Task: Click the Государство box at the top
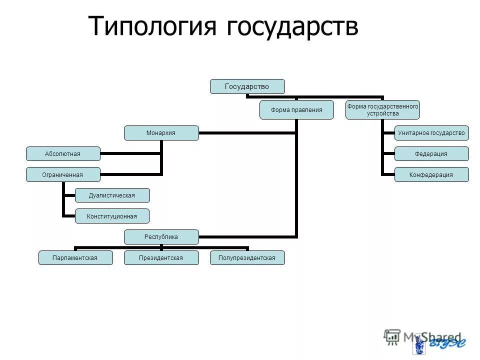[247, 86]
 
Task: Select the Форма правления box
[296, 109]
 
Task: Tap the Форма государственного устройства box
[382, 110]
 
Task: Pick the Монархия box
[161, 133]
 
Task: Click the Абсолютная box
[63, 153]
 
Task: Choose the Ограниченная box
[63, 174]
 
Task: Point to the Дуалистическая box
[112, 195]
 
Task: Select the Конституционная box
[112, 216]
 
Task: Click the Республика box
[161, 236]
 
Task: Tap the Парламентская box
[75, 257]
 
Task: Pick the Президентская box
[161, 257]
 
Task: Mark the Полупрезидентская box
[247, 257]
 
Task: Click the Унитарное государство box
[431, 133]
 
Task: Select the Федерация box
[431, 153]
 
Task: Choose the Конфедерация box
[431, 174]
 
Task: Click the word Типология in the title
[153, 26]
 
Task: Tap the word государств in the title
[292, 26]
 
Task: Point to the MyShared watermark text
[430, 337]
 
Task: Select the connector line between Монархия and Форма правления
[247, 133]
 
